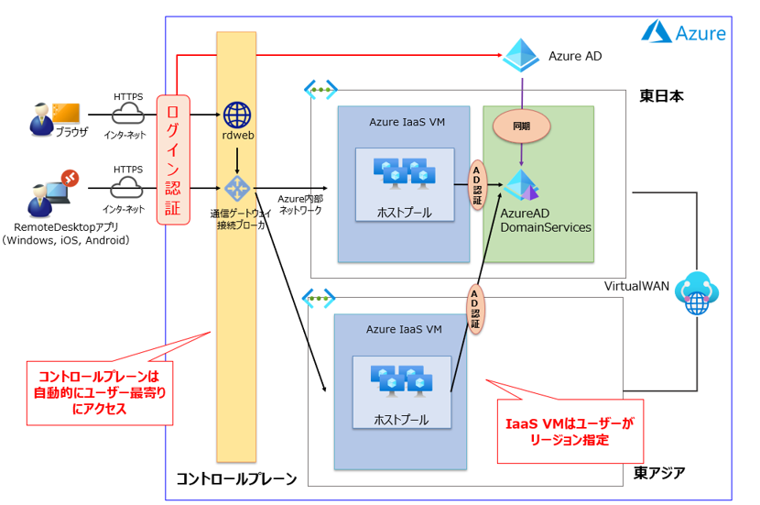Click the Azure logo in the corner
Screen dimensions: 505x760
click(684, 33)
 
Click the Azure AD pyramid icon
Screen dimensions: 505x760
click(521, 56)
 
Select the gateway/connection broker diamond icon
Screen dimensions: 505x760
click(237, 189)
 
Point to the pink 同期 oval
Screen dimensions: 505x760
click(522, 125)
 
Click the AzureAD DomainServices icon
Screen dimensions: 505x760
click(522, 185)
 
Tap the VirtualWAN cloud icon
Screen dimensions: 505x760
click(698, 292)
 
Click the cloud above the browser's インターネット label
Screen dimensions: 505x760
click(128, 115)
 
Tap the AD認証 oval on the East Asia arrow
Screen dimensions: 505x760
click(474, 309)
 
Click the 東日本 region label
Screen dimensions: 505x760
click(661, 96)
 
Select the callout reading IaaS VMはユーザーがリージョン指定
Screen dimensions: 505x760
click(569, 432)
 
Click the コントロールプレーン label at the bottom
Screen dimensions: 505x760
click(236, 478)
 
